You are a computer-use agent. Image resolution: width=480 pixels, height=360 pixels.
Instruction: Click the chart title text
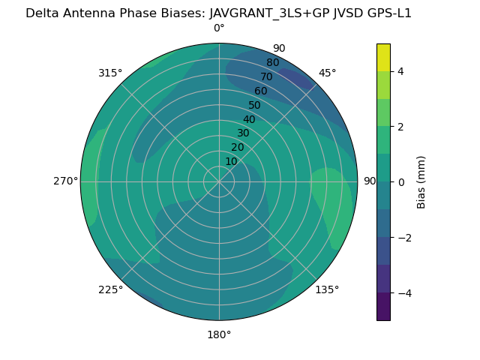218,13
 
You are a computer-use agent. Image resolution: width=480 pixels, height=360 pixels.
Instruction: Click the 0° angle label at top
219,28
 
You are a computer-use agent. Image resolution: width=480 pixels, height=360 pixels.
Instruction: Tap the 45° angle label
328,73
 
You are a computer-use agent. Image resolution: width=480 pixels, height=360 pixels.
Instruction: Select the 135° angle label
327,289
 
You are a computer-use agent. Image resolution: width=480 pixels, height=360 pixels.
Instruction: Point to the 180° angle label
219,334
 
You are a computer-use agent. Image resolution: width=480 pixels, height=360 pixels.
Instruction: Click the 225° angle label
110,289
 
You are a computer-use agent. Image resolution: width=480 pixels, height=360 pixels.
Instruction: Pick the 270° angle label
65,181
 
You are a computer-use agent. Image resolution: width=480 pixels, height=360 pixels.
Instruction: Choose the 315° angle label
110,73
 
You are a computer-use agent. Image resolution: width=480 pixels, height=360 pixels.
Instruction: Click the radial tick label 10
232,161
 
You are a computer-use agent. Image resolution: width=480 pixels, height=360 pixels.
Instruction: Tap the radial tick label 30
244,133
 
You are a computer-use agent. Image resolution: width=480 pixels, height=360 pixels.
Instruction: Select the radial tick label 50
255,105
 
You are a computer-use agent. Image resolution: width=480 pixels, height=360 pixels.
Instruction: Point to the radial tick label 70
266,76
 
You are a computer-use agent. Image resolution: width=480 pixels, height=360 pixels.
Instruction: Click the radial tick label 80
272,63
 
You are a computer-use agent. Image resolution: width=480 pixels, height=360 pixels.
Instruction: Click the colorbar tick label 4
401,71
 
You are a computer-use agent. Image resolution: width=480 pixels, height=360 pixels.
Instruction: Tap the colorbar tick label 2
401,127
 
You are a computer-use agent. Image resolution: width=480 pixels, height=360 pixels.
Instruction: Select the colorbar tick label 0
401,182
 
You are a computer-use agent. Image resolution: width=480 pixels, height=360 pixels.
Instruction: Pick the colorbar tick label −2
398,238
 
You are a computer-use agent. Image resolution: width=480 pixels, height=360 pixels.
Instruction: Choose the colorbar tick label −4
398,293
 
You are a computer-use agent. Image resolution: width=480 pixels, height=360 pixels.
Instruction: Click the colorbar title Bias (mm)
421,182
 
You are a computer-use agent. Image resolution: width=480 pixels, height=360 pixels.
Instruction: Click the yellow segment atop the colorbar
383,57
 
